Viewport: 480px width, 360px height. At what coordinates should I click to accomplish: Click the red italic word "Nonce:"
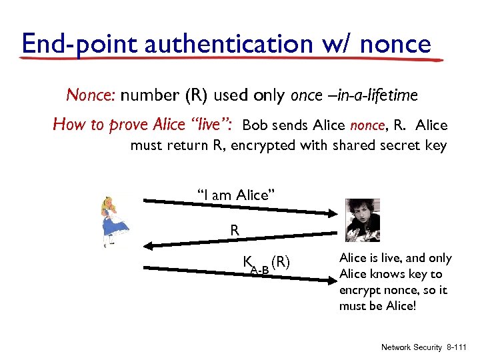pos(91,95)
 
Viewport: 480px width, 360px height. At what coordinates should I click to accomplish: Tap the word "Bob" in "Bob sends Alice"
pos(255,125)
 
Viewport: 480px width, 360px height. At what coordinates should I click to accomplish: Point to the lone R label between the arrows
pos(235,230)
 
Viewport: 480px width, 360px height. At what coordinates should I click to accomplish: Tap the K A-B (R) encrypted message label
pos(265,263)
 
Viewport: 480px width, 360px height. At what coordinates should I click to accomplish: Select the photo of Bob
pos(363,220)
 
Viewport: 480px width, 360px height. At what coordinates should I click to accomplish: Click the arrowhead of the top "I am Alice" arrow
pos(333,214)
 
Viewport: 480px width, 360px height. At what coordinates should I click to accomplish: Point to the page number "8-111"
pos(457,347)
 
